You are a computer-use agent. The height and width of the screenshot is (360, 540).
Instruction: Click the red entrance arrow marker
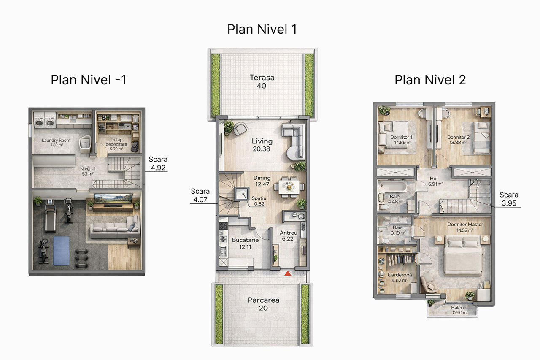[x=288, y=273]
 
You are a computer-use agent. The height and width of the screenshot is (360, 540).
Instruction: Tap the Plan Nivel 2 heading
[x=430, y=80]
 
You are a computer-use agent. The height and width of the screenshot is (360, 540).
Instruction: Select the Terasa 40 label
[x=262, y=81]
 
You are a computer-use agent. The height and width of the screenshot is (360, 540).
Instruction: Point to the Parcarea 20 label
[x=264, y=304]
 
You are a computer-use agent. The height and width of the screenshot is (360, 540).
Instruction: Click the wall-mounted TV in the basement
[x=113, y=198]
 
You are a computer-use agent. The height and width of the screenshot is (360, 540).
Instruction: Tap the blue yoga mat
[x=61, y=251]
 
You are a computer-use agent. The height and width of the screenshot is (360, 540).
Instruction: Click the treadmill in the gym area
[x=50, y=215]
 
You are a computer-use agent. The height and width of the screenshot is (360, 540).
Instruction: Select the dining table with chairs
[x=289, y=187]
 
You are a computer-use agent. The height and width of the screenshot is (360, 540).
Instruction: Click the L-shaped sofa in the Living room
[x=294, y=141]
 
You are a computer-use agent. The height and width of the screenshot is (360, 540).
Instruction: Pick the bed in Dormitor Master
[x=463, y=256]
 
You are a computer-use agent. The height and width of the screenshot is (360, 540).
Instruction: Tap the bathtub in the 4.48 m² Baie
[x=393, y=186]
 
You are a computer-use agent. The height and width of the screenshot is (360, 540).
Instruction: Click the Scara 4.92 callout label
[x=158, y=163]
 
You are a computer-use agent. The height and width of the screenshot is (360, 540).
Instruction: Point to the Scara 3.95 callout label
[x=509, y=199]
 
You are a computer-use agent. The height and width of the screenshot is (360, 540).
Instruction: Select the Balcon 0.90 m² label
[x=459, y=310]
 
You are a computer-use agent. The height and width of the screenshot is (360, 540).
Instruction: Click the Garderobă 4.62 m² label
[x=400, y=277]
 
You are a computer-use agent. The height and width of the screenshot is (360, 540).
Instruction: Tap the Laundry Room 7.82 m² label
[x=56, y=143]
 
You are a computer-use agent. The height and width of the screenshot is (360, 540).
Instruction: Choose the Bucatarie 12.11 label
[x=245, y=243]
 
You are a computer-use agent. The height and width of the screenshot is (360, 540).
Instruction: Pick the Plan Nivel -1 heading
[x=89, y=80]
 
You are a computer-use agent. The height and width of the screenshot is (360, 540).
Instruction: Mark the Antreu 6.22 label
[x=288, y=235]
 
